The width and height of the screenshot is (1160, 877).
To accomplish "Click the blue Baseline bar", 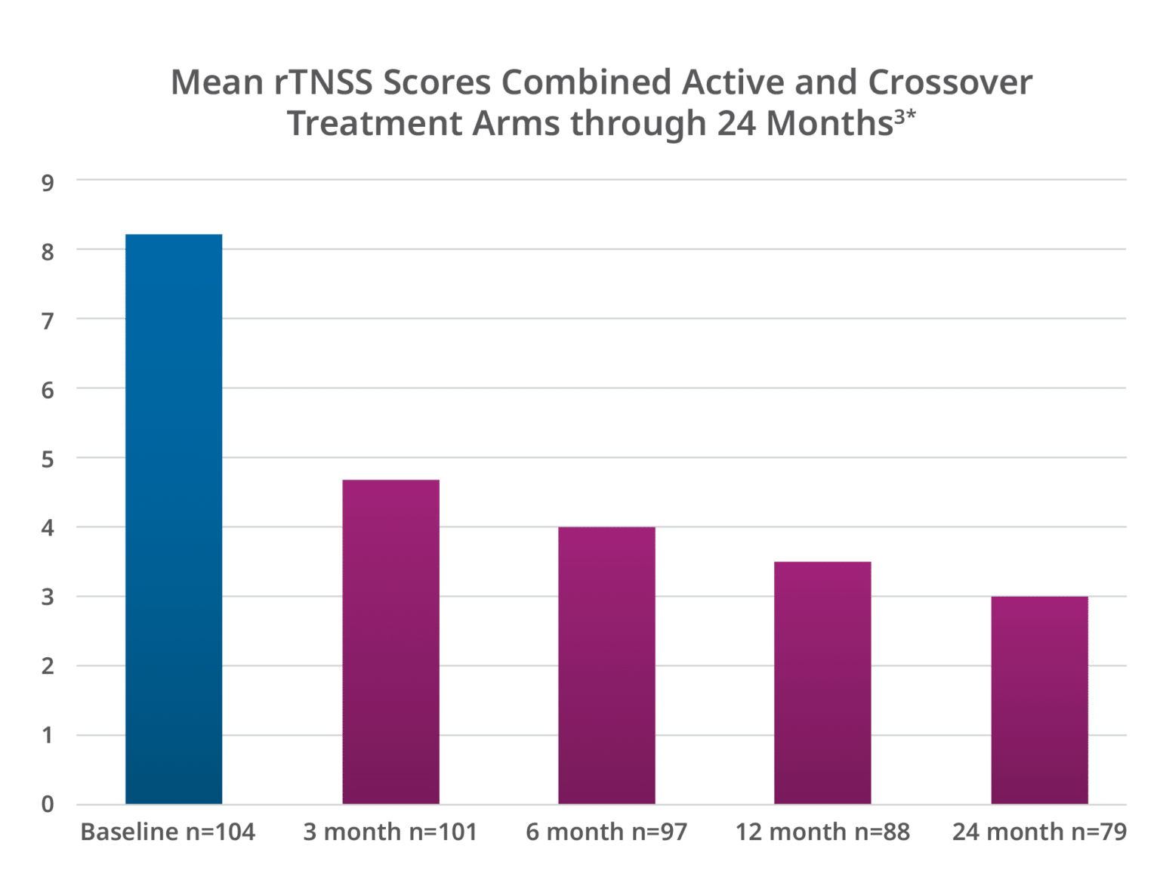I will (174, 518).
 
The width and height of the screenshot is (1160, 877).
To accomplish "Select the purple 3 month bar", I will (390, 641).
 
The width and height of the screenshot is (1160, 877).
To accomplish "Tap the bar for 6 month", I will (606, 665).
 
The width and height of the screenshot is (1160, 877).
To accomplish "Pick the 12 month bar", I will (822, 682).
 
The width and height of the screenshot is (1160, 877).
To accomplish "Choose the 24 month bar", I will (1039, 699).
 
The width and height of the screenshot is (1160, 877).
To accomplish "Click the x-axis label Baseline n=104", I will (168, 832).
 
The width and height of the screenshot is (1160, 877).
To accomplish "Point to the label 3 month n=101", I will (390, 832).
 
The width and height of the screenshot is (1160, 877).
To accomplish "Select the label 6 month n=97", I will (606, 832).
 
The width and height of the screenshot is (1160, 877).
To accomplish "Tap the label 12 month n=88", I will (822, 832).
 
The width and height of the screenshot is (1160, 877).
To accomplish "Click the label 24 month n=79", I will (1039, 832).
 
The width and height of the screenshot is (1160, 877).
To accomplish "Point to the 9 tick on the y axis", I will (48, 183).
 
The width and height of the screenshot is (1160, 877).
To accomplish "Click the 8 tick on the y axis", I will (48, 252).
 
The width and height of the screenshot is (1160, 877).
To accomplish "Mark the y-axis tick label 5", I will (48, 460).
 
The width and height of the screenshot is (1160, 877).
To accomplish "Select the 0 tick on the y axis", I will (48, 804).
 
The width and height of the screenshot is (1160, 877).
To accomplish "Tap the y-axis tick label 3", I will (48, 599).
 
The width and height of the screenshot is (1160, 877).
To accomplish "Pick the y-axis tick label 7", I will (48, 322).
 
